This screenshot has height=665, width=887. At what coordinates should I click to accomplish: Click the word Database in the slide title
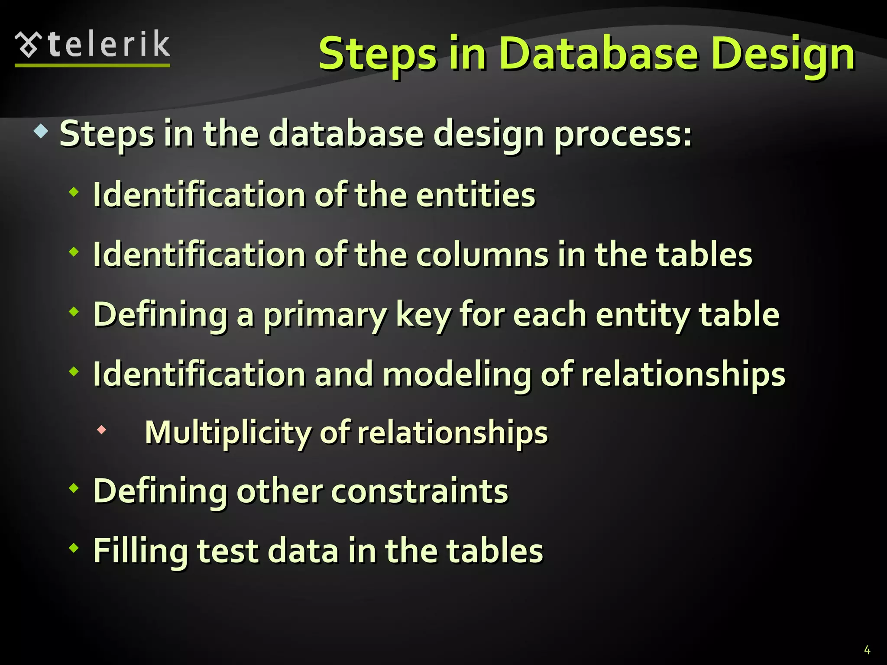pos(599,54)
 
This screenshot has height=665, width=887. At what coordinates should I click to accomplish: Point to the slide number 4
pos(867,649)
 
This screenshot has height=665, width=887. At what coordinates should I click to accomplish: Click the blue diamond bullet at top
pos(41,131)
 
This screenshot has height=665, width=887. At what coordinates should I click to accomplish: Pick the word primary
pos(325,315)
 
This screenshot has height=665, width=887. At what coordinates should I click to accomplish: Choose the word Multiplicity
pos(227,433)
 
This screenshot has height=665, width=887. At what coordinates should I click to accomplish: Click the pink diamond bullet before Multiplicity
pos(102,430)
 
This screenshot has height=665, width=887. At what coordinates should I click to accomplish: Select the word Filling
pos(140,551)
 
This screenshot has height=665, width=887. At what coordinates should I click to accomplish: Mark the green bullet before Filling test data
pos(74,548)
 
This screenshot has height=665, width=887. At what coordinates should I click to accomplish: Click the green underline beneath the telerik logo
pos(92,65)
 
